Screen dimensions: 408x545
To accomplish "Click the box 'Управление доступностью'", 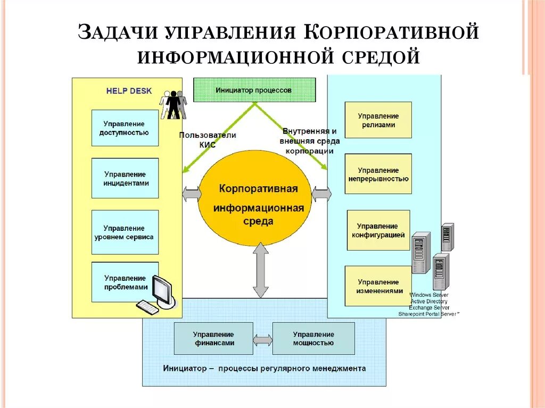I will click(125, 128).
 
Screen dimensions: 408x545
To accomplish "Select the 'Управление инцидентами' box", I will click(125, 178).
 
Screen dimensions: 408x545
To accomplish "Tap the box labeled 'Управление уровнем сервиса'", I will click(125, 232).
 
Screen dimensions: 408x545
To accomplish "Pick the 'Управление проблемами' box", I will click(125, 282).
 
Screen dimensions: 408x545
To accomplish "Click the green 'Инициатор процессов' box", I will click(254, 90).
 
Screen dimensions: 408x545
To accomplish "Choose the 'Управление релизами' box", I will click(378, 120).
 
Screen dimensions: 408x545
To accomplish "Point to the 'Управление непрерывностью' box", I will click(378, 174).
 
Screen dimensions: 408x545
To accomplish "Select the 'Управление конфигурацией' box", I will click(378, 230).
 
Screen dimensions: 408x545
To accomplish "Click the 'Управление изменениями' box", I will click(378, 286).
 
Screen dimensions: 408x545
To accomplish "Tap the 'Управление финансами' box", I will click(213, 339).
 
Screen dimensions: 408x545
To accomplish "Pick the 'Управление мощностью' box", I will click(313, 339).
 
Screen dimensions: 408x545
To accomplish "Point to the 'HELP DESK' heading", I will click(129, 91).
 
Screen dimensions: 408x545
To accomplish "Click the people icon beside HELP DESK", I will click(174, 104).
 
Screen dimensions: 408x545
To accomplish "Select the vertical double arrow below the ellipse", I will click(260, 270).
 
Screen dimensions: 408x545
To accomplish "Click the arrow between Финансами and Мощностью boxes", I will click(262, 339).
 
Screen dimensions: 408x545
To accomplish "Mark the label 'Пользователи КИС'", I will click(208, 139).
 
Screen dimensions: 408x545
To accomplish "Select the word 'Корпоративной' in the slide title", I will click(392, 32).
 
